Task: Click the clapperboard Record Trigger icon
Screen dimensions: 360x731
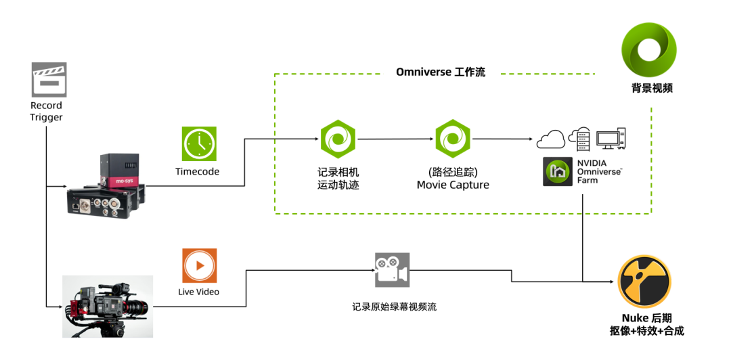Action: (49, 78)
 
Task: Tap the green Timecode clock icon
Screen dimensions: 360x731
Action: (199, 143)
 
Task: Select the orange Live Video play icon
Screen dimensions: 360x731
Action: (199, 265)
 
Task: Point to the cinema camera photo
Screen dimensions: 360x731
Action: (108, 306)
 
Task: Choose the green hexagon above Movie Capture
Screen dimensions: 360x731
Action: (452, 139)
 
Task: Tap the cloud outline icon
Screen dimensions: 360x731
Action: (551, 140)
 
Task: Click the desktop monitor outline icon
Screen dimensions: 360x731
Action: (611, 139)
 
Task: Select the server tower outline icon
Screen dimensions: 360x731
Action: (579, 139)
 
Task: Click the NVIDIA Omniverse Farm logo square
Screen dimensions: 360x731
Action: (558, 172)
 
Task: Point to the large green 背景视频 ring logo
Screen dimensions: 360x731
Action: (649, 51)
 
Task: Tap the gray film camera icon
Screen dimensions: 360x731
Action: (391, 269)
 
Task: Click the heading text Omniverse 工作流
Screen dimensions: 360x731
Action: (441, 72)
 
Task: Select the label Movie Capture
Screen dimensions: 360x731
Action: (452, 185)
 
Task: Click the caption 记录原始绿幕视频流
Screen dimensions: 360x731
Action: (395, 307)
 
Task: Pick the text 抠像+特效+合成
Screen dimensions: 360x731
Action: (646, 331)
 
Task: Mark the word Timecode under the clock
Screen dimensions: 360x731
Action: (197, 172)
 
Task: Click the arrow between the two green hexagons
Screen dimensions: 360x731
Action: (396, 139)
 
